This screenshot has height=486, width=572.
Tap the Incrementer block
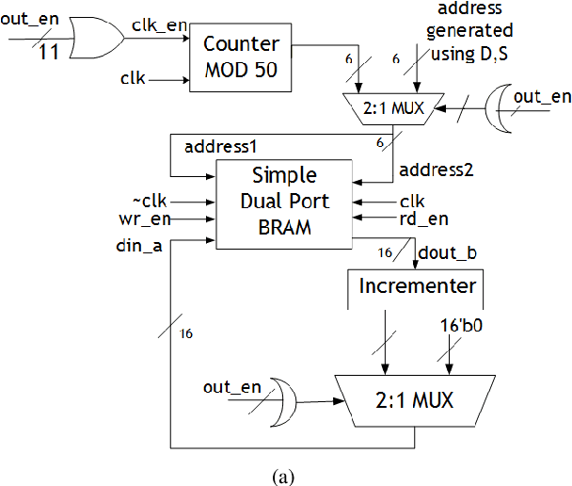pyautogui.click(x=417, y=285)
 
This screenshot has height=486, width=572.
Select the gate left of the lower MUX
pyautogui.click(x=282, y=399)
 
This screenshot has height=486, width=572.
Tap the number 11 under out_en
pyautogui.click(x=49, y=51)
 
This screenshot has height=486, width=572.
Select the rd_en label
pyautogui.click(x=424, y=219)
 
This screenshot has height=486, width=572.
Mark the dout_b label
pyautogui.click(x=440, y=253)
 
